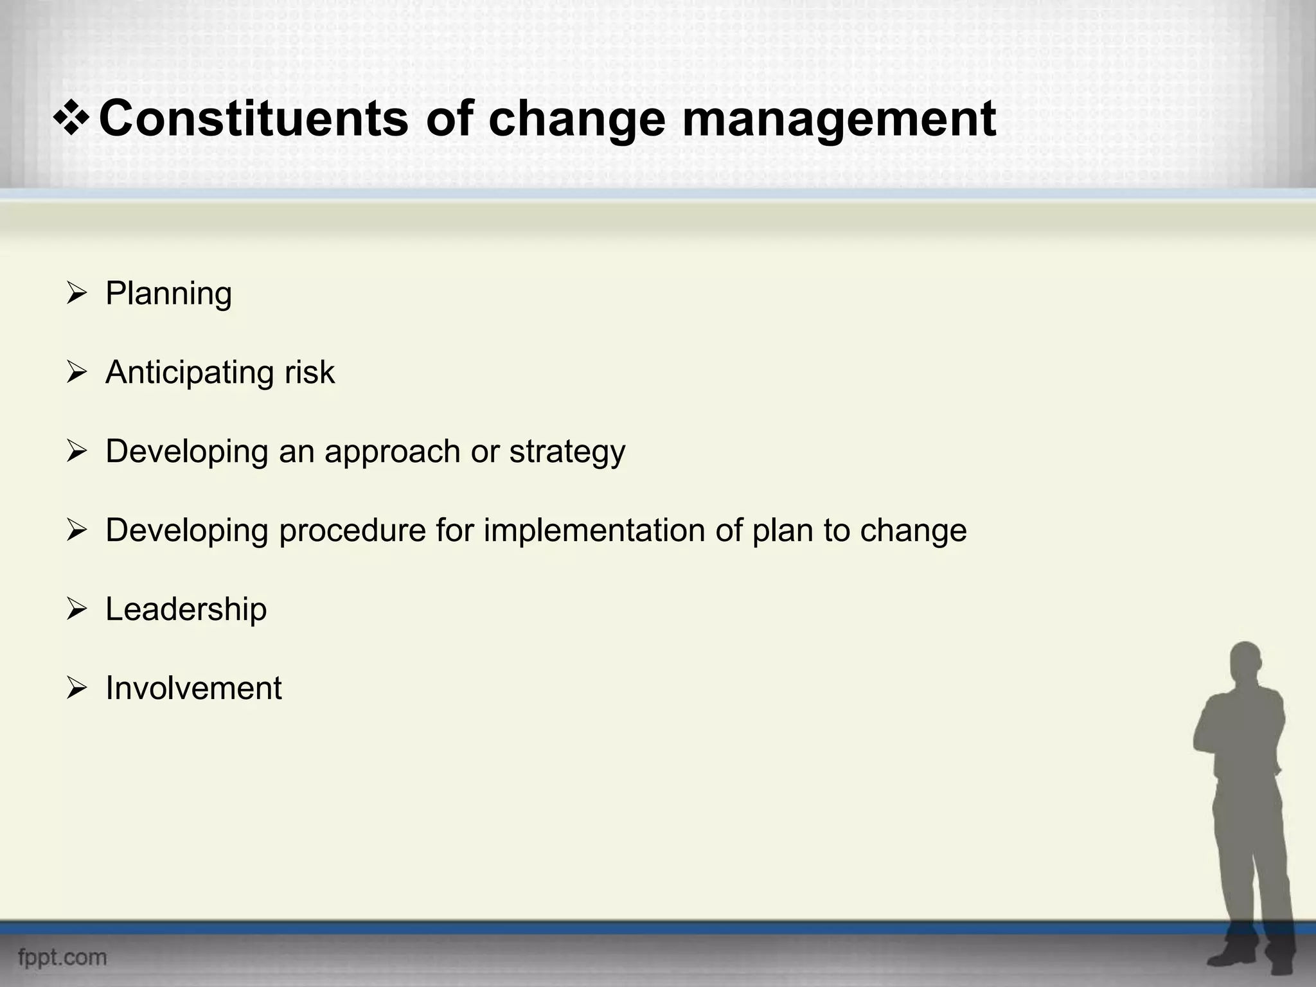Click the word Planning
(168, 294)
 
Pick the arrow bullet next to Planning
(76, 294)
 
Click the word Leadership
(186, 609)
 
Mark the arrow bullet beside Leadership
(76, 609)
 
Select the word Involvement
(193, 688)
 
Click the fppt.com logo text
(62, 957)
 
